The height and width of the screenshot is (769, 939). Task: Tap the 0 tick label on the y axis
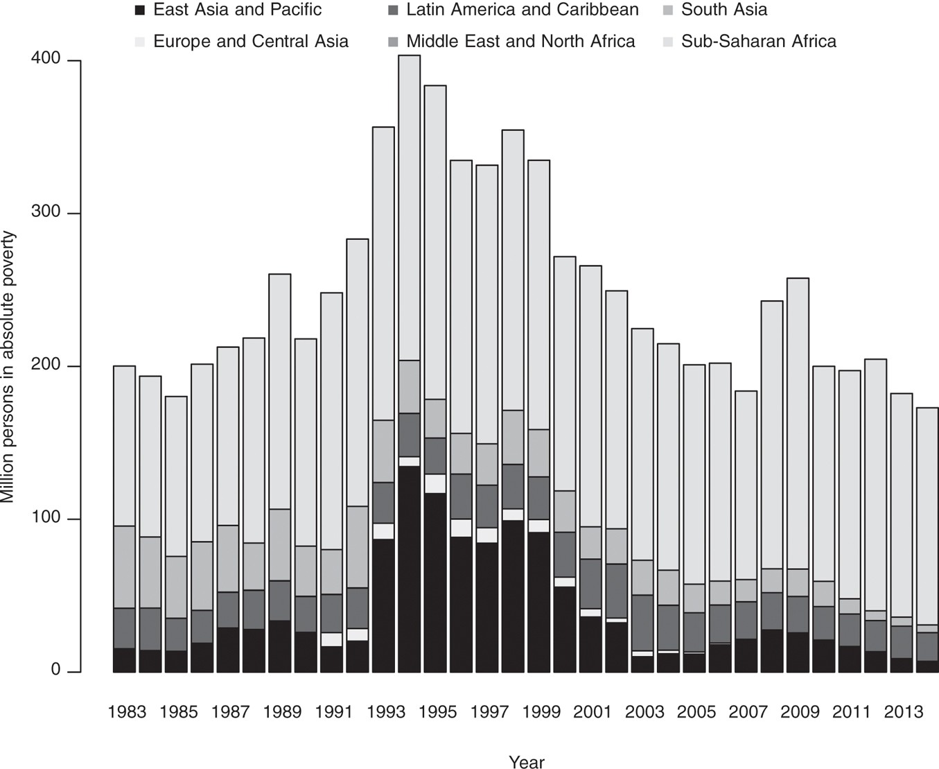click(55, 671)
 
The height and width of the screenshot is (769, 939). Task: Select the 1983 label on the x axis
click(127, 712)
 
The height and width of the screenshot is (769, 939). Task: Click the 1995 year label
click(437, 712)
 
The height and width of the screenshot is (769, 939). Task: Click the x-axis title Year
click(526, 762)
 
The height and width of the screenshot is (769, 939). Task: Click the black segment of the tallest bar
click(409, 569)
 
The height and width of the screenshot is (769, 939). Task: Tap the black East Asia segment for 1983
click(124, 659)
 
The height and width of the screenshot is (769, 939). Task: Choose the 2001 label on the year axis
click(593, 712)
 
